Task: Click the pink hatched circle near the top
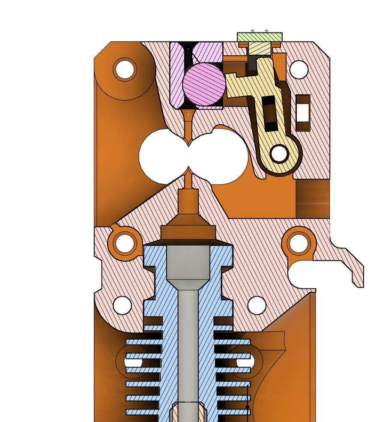coord(204,84)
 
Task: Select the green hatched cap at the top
coord(260,37)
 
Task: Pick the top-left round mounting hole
coord(125,69)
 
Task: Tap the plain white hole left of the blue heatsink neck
coord(122,305)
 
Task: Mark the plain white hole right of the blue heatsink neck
coord(257,305)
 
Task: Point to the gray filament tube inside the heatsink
coord(188,334)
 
